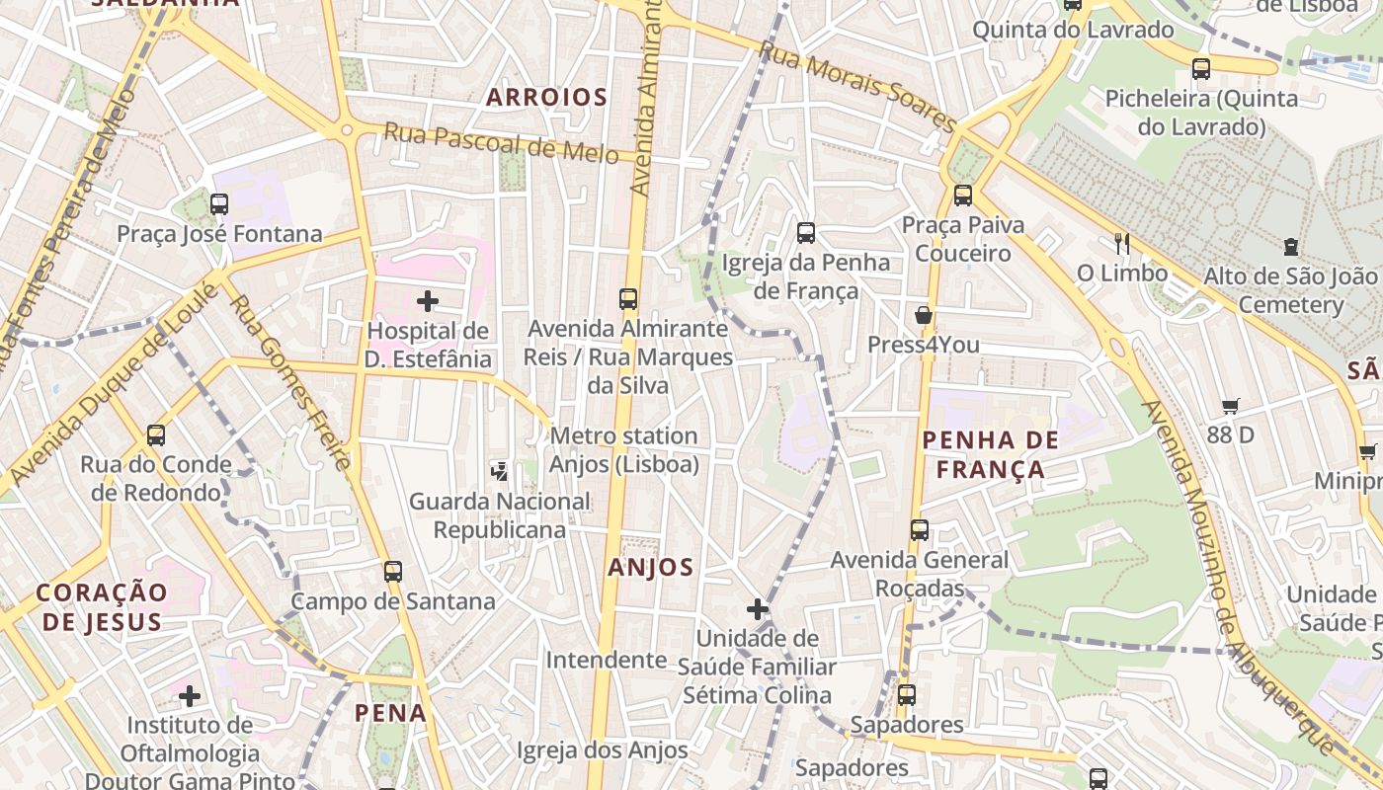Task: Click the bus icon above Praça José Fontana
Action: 219,204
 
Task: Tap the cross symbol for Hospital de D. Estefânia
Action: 428,300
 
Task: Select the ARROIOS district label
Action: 546,97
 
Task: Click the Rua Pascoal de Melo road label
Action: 501,142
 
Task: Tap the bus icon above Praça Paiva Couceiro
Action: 963,196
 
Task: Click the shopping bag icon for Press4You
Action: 924,315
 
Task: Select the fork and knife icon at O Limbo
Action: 1121,244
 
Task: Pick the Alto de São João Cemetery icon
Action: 1290,247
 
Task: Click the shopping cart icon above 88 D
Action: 1231,406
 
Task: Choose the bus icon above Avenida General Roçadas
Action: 920,530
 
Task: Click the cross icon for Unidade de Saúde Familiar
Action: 758,609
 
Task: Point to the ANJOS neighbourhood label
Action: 651,567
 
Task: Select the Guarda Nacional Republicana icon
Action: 500,471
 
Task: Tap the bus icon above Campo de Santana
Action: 393,571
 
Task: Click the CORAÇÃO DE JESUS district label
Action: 102,606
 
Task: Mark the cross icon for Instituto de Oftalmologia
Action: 189,696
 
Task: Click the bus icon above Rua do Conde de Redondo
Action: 156,434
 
